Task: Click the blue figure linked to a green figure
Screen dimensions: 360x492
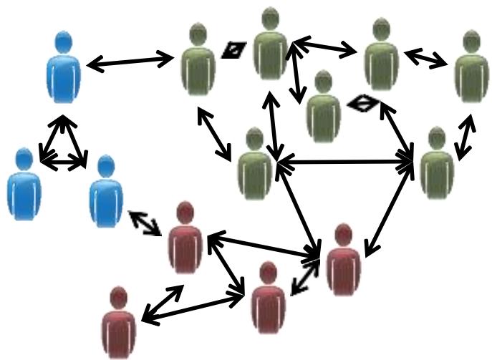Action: pos(64,68)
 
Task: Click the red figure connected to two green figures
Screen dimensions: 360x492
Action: pos(342,259)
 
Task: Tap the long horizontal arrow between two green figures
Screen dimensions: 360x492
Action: pos(345,165)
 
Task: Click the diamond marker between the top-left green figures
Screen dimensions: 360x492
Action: pos(234,49)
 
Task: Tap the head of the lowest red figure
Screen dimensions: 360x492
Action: pos(118,298)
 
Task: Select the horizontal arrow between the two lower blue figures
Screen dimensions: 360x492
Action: pos(64,163)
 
